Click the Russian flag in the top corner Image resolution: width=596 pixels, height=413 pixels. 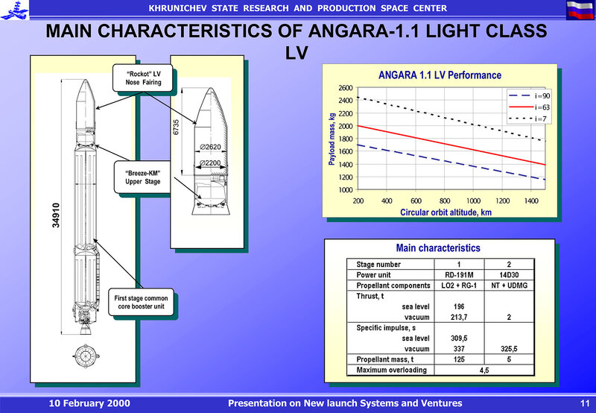pos(580,10)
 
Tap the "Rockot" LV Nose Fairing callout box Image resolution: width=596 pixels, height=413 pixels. pos(143,78)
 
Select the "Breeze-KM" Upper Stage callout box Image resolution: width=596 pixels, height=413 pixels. pos(142,177)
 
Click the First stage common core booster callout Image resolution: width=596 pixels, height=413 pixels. pos(143,303)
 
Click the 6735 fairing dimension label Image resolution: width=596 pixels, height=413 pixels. pos(177,127)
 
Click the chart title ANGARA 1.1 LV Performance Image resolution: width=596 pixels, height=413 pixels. pos(440,75)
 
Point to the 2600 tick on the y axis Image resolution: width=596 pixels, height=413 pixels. pos(345,88)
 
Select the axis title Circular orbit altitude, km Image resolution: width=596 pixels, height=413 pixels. pos(446,212)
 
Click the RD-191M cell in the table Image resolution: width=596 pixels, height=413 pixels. pos(460,274)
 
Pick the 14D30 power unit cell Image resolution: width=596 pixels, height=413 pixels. pos(509,274)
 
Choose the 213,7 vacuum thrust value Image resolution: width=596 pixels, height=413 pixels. pos(460,316)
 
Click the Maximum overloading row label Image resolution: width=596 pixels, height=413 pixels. pos(392,370)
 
